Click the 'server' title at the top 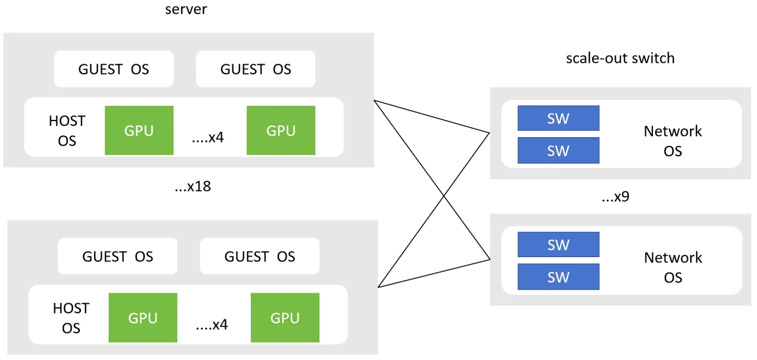[x=186, y=9]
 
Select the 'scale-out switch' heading [x=620, y=59]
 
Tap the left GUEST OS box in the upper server [x=114, y=69]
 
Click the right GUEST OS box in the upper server [x=255, y=69]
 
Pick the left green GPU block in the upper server [x=139, y=131]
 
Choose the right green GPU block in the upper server [x=281, y=131]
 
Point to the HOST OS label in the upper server [x=67, y=131]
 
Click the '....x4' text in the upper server [x=208, y=138]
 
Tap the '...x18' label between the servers [x=193, y=186]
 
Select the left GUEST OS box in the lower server [x=118, y=257]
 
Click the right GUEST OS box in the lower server [x=260, y=257]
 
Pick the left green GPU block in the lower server [x=143, y=318]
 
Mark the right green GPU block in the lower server [x=285, y=318]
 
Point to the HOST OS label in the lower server [x=71, y=318]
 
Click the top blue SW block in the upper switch [x=559, y=118]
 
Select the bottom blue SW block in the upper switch [x=559, y=150]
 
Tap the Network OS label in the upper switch [x=673, y=141]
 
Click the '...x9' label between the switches [x=616, y=196]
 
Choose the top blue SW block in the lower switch [x=559, y=245]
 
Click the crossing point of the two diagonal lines [x=444, y=196]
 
